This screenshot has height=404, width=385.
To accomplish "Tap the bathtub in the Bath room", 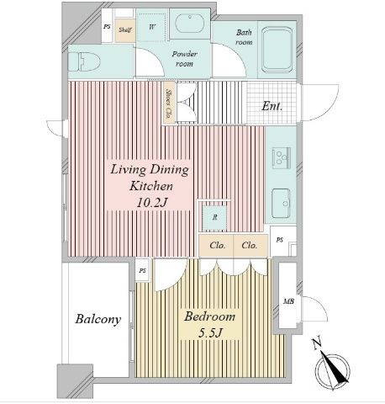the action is pyautogui.click(x=277, y=50).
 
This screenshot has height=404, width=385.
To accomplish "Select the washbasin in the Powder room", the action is pyautogui.click(x=190, y=24).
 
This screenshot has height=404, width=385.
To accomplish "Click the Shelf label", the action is pyautogui.click(x=124, y=29).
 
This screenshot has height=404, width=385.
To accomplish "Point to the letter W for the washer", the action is pyautogui.click(x=152, y=27).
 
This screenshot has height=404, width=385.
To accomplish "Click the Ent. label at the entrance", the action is pyautogui.click(x=272, y=106).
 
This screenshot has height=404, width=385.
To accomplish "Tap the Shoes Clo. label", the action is pyautogui.click(x=169, y=104).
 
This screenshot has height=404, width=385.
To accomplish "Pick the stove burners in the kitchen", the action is pyautogui.click(x=281, y=157).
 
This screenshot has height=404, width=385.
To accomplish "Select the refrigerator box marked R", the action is pyautogui.click(x=214, y=217).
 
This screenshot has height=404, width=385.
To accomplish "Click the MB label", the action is pyautogui.click(x=288, y=302).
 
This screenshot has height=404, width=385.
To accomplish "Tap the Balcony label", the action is pyautogui.click(x=98, y=319).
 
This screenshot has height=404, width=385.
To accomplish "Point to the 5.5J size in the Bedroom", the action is pyautogui.click(x=210, y=333).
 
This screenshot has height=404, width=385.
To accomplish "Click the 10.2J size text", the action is pyautogui.click(x=151, y=203).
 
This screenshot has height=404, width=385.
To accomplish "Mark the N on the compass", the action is pyautogui.click(x=317, y=344).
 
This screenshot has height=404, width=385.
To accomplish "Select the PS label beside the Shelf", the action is pyautogui.click(x=107, y=27).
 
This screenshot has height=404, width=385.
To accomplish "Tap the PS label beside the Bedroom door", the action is pyautogui.click(x=143, y=271).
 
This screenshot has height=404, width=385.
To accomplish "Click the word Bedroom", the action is pyautogui.click(x=209, y=316).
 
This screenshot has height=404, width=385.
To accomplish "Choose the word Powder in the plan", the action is pyautogui.click(x=185, y=54).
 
